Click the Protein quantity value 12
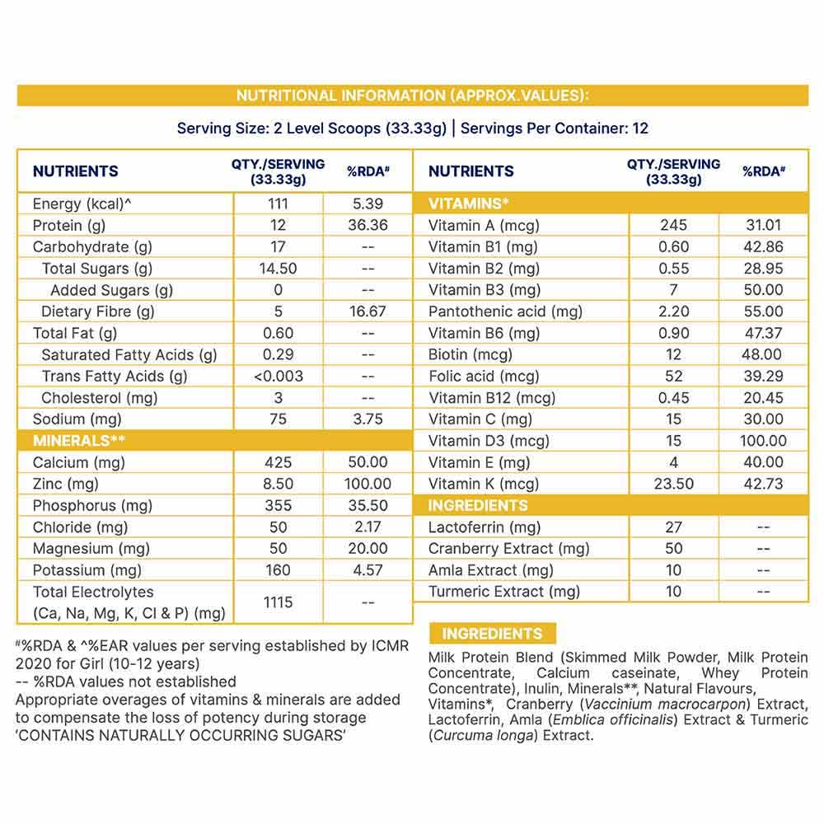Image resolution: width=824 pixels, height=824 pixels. tap(278, 225)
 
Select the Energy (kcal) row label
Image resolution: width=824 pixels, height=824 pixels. tap(82, 204)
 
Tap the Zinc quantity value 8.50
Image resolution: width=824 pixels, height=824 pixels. tap(278, 484)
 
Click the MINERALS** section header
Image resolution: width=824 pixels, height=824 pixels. tap(78, 441)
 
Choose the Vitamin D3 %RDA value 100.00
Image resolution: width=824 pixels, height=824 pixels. tap(762, 441)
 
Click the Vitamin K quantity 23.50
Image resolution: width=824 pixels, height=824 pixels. tap(674, 484)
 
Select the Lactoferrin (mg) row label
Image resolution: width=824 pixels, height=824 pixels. tap(485, 527)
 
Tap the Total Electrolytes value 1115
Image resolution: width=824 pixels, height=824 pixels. tap(278, 602)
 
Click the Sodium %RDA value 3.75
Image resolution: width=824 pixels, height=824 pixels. tap(368, 419)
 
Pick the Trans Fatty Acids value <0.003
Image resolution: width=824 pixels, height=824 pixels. tap(278, 376)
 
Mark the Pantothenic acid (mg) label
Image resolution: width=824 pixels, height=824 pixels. tap(505, 311)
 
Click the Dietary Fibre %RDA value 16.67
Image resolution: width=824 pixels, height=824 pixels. tap(368, 311)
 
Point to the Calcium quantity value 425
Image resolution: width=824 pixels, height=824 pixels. tap(278, 462)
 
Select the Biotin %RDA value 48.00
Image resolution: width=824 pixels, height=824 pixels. tap(762, 354)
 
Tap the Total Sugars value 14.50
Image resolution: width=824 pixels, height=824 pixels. tap(278, 269)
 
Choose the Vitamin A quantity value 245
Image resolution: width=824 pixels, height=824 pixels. tap(674, 225)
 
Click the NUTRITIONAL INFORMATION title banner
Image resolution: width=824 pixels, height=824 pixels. tap(412, 96)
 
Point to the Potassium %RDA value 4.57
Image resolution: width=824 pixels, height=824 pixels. tap(368, 570)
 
